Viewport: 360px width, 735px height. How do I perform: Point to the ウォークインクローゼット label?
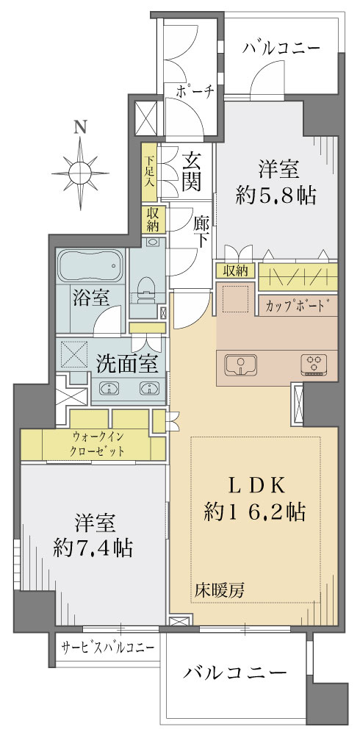click(98, 444)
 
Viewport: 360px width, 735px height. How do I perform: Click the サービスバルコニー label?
click(108, 648)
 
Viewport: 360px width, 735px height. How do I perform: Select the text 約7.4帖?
click(93, 547)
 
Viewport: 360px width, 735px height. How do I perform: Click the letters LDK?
click(256, 486)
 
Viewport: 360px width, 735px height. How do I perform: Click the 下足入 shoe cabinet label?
click(148, 171)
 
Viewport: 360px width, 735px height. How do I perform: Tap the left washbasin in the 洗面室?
click(109, 387)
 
